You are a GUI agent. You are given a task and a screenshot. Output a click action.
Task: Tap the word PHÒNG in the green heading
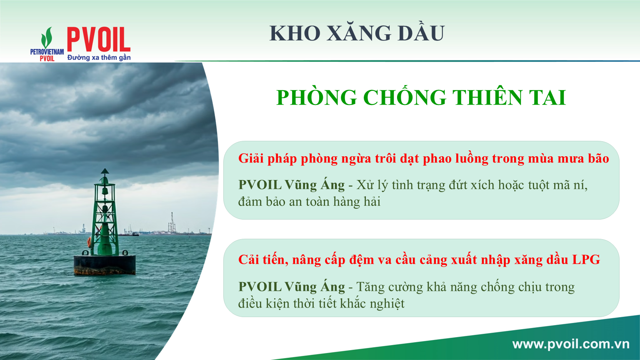pos(317,97)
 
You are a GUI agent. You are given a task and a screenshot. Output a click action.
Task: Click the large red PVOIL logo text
pos(99,40)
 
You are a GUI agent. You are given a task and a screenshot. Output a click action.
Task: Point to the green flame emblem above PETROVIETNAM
pos(47,37)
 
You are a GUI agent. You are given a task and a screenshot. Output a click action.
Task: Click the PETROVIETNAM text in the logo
pos(47,52)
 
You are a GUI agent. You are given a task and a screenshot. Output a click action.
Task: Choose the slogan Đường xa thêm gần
pos(99,57)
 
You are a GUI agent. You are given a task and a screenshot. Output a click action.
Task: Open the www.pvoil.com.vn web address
pos(571,344)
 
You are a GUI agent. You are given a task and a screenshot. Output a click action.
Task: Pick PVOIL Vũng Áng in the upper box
pos(291,185)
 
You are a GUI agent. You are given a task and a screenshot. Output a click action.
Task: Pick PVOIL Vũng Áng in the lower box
pos(291,287)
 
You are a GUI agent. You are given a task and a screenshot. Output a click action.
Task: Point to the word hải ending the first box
pos(372,202)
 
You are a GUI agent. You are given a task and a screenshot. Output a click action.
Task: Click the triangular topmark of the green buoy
pos(105,171)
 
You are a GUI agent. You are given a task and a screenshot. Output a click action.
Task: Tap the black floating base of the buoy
pos(105,265)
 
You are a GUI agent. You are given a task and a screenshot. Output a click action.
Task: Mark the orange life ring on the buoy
pos(90,242)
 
